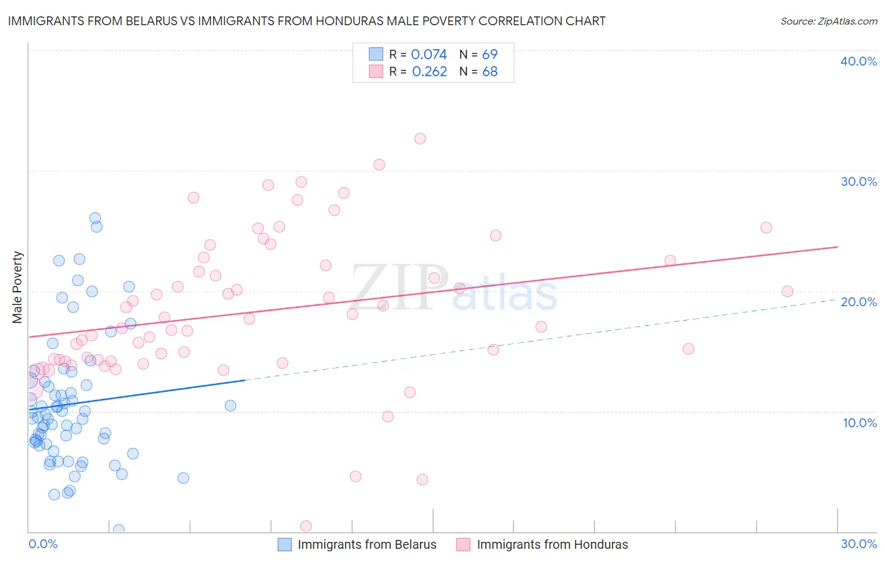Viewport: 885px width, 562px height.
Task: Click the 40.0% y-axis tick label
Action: [x=859, y=61]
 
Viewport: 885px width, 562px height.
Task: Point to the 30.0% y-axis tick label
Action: [x=859, y=181]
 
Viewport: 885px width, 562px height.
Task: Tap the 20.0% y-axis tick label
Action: [x=859, y=302]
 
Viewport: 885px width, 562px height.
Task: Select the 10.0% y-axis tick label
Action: [x=860, y=423]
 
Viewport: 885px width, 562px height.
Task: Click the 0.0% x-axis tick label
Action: [x=43, y=544]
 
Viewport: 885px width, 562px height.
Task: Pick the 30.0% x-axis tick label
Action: [x=859, y=544]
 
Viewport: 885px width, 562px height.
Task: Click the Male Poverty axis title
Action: [x=18, y=287]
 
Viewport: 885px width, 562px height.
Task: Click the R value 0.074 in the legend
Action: [x=429, y=55]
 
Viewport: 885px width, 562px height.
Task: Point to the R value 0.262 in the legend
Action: [x=429, y=72]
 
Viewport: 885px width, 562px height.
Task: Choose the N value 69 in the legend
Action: [x=490, y=55]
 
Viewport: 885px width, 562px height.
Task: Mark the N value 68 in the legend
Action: [x=490, y=72]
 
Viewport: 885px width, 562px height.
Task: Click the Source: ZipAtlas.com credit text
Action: [x=828, y=21]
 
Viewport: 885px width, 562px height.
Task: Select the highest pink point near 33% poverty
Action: [x=420, y=139]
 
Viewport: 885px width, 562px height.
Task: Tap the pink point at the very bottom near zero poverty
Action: [x=306, y=526]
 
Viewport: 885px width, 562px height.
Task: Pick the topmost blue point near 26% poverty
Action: [x=95, y=219]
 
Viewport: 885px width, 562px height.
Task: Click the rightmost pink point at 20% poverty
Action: [x=787, y=291]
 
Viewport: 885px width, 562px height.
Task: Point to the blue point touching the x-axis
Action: [x=118, y=530]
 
